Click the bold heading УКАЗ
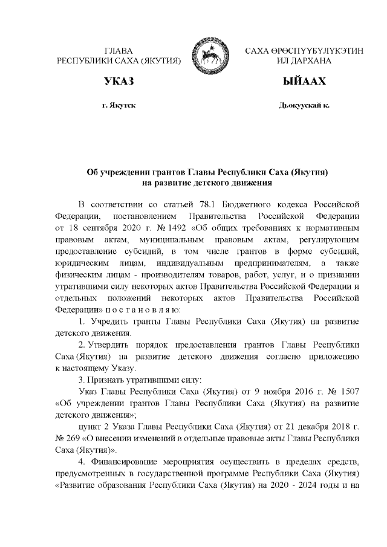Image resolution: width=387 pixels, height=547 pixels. click(119, 81)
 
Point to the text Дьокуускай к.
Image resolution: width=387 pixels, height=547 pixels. click(304, 105)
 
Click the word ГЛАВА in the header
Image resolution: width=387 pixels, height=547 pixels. click(119, 51)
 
